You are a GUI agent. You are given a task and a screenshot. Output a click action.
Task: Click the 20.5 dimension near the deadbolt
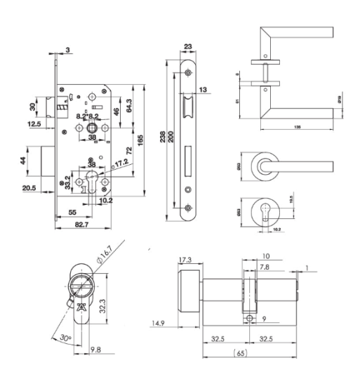(x=30, y=188)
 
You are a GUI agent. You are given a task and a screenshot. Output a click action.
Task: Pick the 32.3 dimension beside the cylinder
(x=102, y=306)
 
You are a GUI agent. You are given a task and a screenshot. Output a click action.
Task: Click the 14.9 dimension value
(x=159, y=324)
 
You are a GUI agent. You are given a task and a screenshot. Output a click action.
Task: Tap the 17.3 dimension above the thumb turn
(x=185, y=260)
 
